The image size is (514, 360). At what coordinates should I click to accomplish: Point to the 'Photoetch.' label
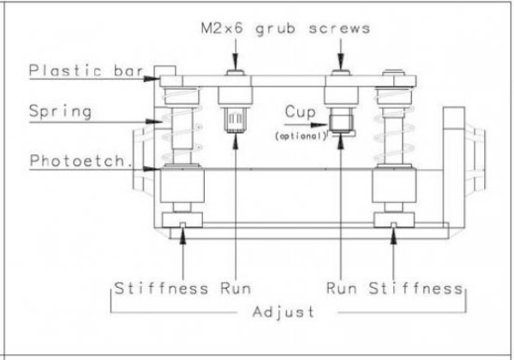(81, 161)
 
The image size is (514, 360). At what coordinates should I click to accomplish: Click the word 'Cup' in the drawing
(297, 112)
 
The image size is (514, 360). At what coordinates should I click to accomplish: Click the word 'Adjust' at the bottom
(283, 312)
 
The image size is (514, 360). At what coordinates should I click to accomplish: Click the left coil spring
(182, 129)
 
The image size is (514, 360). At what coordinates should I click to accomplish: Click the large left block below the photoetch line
(182, 187)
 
